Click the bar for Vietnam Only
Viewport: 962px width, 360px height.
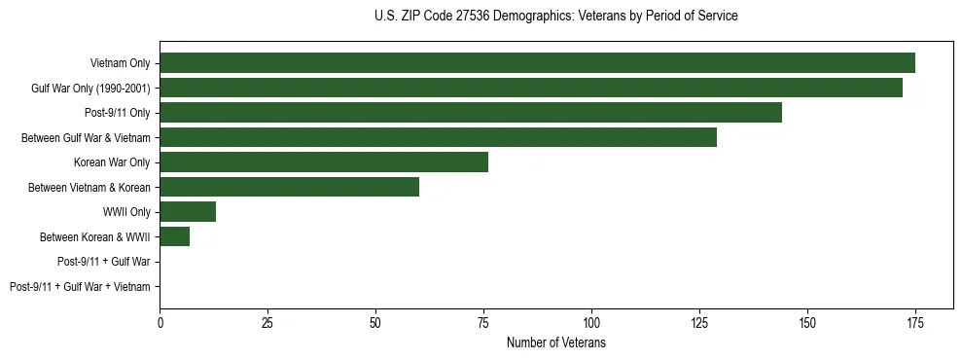[x=537, y=63]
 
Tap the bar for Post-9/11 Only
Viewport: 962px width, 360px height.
[x=471, y=113]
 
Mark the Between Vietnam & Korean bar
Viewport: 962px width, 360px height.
[x=289, y=187]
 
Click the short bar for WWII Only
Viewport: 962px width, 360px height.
[x=188, y=212]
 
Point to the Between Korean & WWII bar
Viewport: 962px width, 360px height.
[x=175, y=236]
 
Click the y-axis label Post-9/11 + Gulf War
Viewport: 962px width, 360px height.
[x=104, y=262]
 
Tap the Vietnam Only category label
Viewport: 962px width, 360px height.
[x=120, y=63]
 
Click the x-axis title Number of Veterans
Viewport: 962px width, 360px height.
[x=556, y=342]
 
